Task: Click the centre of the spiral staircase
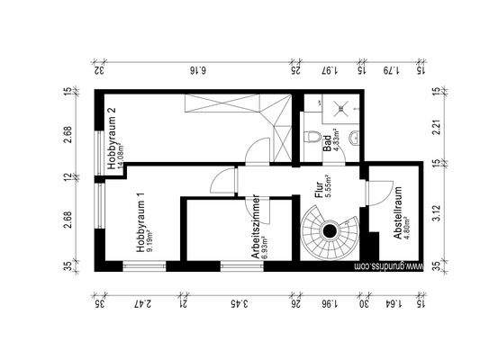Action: pos(331,231)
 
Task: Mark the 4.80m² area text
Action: pos(407,233)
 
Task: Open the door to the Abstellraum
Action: pos(374,193)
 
